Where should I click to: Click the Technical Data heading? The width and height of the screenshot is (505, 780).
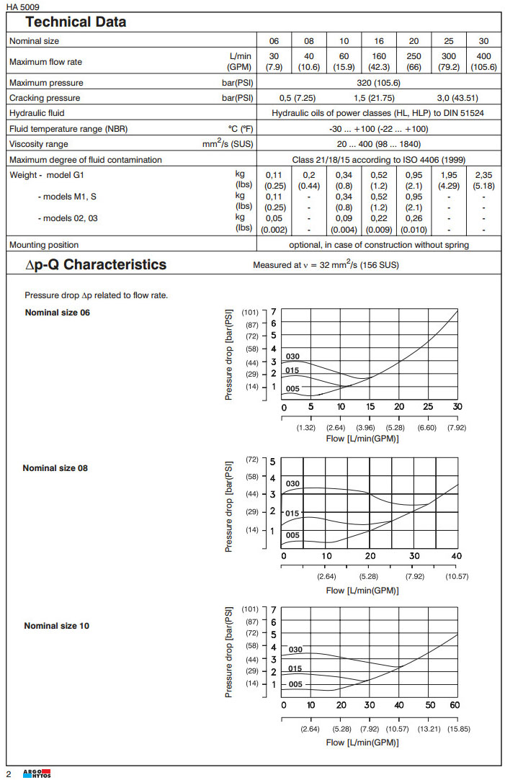tap(76, 22)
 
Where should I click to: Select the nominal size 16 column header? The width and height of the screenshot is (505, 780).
tap(379, 41)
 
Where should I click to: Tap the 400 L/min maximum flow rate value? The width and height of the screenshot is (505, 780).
tap(483, 56)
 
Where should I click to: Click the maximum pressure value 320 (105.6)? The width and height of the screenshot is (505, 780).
tap(379, 83)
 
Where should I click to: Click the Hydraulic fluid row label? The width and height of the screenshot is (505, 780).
tap(37, 113)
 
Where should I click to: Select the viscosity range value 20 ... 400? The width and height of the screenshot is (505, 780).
tap(379, 144)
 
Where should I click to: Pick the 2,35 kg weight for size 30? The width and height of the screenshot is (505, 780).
tap(483, 174)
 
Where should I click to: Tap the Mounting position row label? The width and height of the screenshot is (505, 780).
tap(44, 245)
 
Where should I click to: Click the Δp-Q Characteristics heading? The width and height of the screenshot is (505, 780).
tap(96, 264)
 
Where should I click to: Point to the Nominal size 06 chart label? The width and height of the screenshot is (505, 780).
tap(58, 312)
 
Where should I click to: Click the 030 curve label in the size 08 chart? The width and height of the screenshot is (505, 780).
tap(292, 483)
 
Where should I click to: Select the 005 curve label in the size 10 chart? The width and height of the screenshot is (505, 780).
tap(295, 684)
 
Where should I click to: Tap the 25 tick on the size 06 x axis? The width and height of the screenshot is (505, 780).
tap(428, 407)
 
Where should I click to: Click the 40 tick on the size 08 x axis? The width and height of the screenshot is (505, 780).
tap(456, 556)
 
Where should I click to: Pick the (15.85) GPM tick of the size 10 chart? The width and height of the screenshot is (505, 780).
tap(457, 729)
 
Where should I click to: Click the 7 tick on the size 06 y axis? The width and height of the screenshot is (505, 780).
tap(274, 312)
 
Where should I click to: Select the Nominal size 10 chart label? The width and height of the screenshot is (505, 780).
tap(57, 625)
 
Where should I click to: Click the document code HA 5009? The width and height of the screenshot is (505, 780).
tap(24, 6)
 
